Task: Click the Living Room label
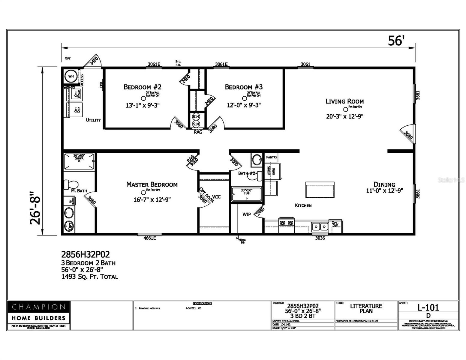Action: click(344, 101)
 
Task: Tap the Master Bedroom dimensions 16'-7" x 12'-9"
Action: click(152, 200)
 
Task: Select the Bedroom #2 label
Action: click(143, 87)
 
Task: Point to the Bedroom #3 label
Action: click(244, 87)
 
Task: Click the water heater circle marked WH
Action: click(71, 76)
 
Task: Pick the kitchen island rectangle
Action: click(320, 190)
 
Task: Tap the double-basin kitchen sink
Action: click(320, 226)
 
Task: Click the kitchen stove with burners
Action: click(286, 223)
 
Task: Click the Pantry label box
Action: click(272, 157)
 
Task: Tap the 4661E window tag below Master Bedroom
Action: click(150, 238)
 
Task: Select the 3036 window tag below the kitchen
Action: click(320, 238)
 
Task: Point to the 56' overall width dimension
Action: click(396, 41)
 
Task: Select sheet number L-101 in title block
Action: click(428, 307)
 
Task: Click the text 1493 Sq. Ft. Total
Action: click(89, 277)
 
